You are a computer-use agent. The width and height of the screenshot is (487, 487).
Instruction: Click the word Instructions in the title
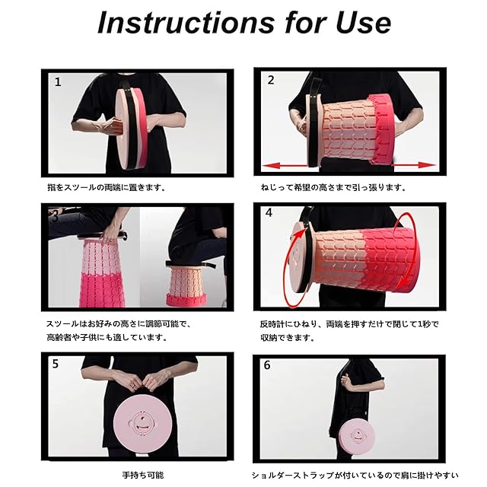[x=186, y=23]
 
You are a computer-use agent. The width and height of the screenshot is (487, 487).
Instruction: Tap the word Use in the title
[x=363, y=23]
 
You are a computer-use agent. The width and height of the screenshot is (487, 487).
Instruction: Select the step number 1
[x=58, y=82]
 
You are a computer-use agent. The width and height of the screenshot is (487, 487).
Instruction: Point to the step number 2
[x=271, y=80]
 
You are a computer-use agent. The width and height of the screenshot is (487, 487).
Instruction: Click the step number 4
[x=269, y=213]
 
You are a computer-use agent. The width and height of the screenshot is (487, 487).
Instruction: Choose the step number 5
[x=56, y=364]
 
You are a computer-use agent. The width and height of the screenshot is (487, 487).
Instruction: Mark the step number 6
[x=267, y=365]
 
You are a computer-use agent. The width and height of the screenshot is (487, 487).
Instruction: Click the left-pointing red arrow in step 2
[x=286, y=166]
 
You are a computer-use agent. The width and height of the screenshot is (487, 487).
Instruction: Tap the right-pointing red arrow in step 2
[x=414, y=165]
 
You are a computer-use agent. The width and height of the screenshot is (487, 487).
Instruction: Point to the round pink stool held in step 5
[x=142, y=421]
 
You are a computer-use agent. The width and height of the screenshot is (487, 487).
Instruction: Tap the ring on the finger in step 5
[x=132, y=386]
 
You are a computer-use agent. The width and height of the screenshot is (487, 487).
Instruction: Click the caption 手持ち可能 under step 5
[x=142, y=475]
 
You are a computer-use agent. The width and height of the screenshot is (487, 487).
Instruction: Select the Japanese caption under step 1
[x=107, y=188]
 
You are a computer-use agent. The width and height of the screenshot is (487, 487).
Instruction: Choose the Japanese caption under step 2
[x=333, y=188]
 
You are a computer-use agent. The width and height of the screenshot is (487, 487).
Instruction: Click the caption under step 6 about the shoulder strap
[x=355, y=475]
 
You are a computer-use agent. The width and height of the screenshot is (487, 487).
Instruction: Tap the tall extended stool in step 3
[x=101, y=272]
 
